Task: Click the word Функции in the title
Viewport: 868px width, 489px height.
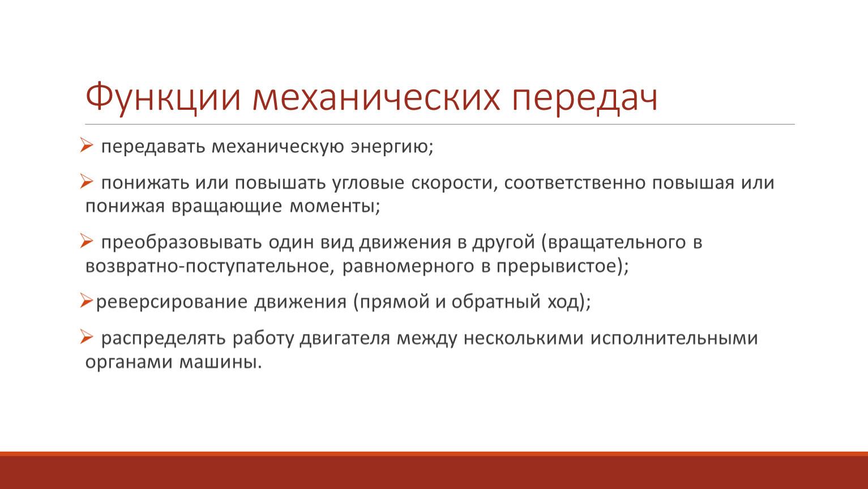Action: click(163, 97)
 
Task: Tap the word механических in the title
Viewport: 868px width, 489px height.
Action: click(376, 97)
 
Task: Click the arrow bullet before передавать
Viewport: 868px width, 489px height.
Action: click(87, 145)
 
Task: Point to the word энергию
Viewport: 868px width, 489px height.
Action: click(392, 147)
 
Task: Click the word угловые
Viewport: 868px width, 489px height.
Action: click(368, 183)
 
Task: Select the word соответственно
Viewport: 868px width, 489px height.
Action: click(575, 183)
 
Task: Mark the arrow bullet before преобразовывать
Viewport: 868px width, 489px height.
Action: click(87, 241)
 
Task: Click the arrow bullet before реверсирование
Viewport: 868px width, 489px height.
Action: click(87, 301)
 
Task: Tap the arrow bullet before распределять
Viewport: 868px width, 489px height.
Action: click(87, 337)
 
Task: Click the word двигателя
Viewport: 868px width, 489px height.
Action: click(345, 338)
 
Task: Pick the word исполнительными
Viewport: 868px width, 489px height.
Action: click(674, 338)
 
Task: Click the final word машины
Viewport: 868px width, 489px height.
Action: click(220, 363)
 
